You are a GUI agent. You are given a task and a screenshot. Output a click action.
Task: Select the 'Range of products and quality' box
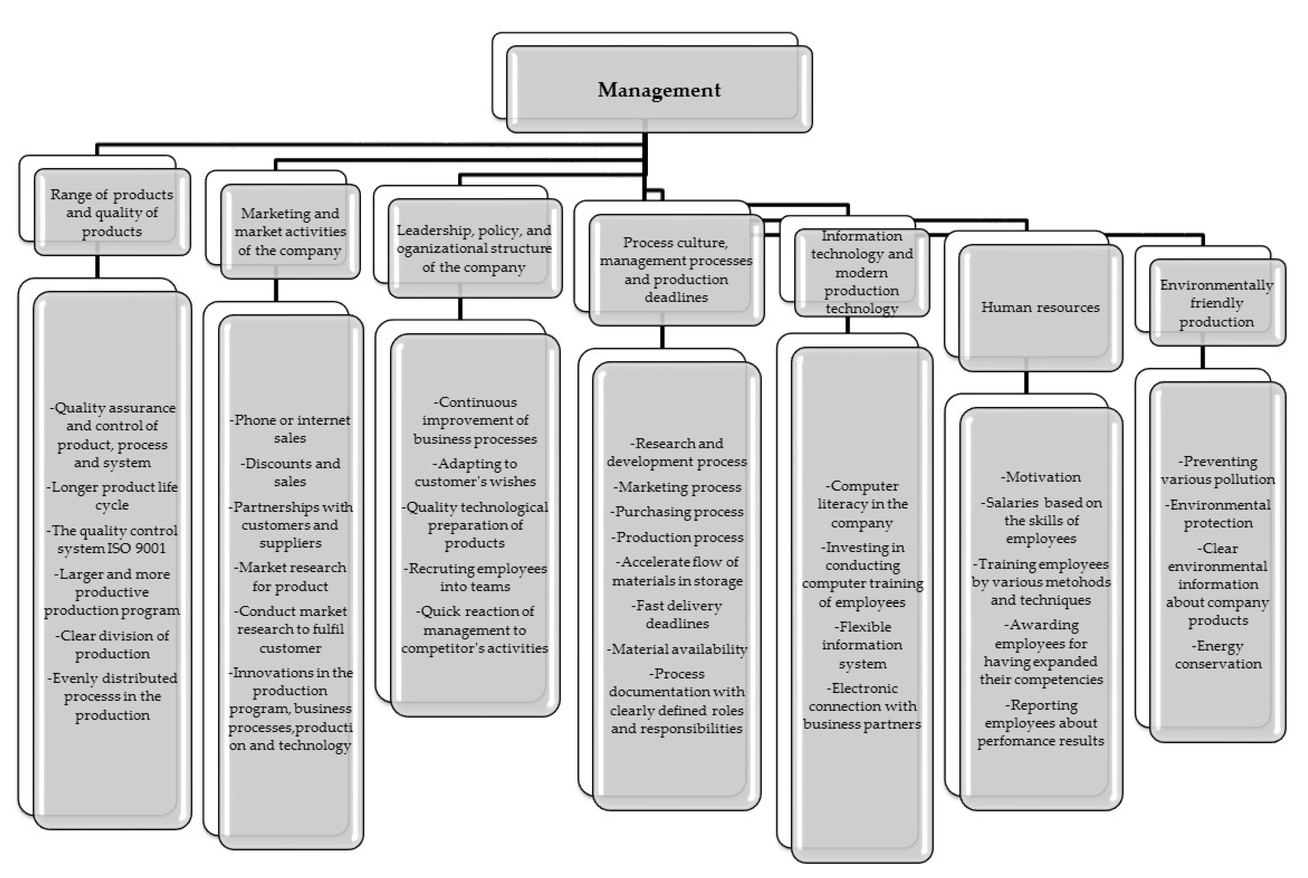pos(112,213)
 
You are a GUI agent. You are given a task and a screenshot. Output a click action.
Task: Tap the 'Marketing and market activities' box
pos(290,232)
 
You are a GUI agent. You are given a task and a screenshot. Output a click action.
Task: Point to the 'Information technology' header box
pos(862,272)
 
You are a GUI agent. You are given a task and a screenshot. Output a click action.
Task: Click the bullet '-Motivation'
pos(1040,477)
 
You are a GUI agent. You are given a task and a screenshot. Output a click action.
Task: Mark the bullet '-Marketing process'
pos(677,488)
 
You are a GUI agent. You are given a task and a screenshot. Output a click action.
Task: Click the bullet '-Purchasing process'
pos(677,512)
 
